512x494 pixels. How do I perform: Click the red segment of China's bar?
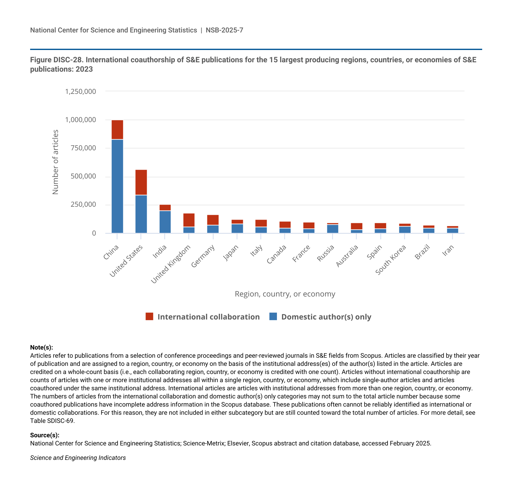pos(117,130)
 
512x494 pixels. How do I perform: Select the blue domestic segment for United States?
pos(141,214)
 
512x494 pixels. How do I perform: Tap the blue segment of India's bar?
pos(165,222)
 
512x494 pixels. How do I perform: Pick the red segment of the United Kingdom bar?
pos(189,220)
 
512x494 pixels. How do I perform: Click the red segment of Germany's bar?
pos(213,220)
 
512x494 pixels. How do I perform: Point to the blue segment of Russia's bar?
pos(333,229)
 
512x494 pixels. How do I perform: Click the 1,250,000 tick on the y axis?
pos(80,91)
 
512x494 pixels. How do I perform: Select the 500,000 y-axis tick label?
pos(83,176)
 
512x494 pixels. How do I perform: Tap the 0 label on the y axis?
pos(94,233)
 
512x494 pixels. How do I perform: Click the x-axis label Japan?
pos(231,253)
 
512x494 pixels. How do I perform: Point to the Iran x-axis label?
pos(448,251)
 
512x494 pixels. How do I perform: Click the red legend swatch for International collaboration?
pos(149,316)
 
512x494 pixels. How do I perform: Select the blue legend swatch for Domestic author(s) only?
pos(273,316)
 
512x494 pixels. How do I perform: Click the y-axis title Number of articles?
pos(55,162)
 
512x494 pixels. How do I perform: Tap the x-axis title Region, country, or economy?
pos(285,294)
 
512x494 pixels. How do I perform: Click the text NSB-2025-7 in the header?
pos(225,30)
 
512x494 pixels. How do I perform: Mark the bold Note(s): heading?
pos(42,347)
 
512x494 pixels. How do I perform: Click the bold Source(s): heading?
pos(45,435)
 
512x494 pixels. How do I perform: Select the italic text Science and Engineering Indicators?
pos(78,458)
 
